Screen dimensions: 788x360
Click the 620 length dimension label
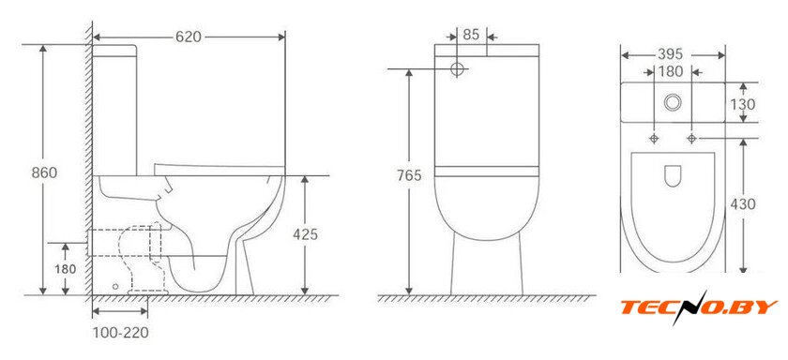(189, 37)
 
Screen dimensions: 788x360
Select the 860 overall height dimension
(44, 172)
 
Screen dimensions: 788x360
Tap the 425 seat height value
(305, 234)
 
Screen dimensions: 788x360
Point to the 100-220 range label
(121, 333)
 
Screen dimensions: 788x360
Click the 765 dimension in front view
(409, 175)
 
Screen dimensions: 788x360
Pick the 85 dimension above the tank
(471, 35)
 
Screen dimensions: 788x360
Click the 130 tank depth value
(743, 104)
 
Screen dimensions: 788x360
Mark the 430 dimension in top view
(743, 204)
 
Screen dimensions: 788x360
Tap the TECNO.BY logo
(699, 307)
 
